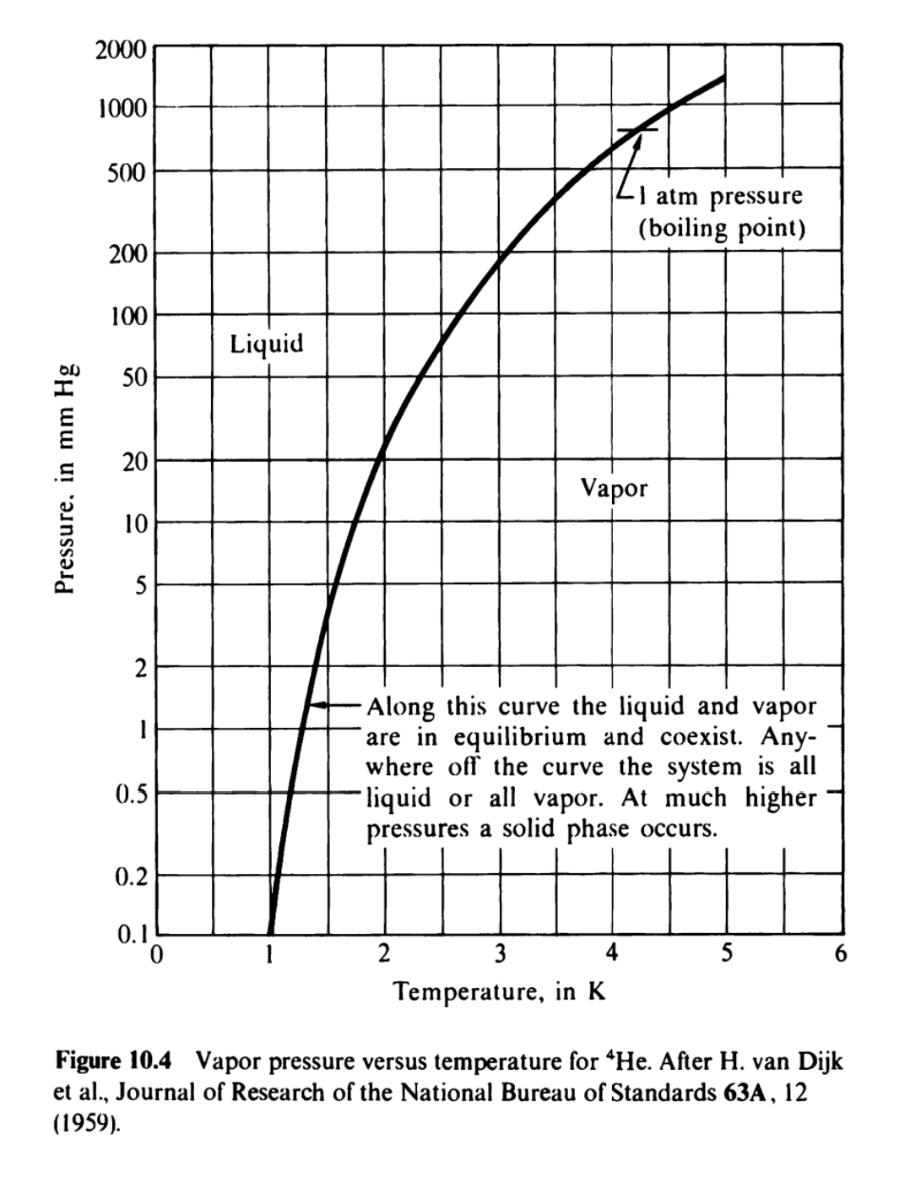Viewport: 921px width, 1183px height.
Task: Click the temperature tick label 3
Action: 500,955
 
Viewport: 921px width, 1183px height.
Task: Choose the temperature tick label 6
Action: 839,955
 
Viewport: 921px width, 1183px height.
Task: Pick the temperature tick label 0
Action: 154,955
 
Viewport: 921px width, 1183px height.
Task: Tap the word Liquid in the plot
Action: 266,344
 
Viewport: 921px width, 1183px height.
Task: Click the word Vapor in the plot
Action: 614,488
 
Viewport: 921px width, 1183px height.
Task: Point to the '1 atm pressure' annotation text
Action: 720,197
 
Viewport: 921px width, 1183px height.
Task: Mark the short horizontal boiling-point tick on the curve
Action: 637,130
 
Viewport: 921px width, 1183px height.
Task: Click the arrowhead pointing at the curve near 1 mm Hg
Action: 313,705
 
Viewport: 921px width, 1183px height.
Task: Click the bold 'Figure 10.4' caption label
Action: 114,1059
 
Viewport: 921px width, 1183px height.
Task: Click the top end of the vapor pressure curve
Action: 723,79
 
